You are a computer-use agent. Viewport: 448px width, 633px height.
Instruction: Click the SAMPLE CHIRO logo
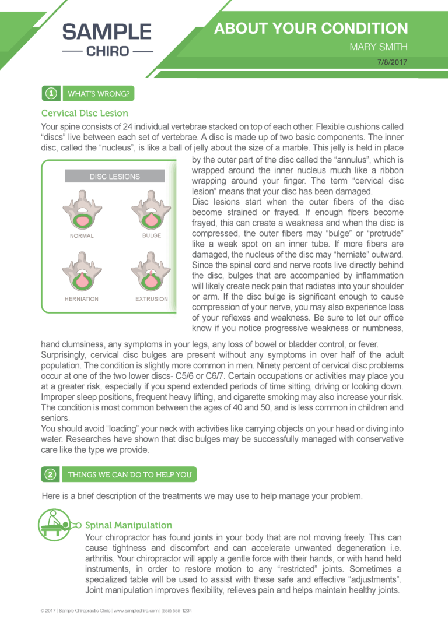coord(107,39)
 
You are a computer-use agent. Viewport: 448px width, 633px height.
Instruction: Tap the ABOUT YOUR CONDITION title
coord(311,29)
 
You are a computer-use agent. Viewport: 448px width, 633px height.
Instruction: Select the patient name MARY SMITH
coord(379,47)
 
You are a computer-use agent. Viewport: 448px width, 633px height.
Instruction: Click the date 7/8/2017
coord(393,62)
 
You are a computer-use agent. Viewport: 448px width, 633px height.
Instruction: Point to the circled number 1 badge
coord(51,93)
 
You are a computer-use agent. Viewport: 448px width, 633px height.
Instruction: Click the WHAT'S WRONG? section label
coord(99,93)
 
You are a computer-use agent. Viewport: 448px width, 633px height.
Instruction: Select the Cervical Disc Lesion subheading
coord(85,113)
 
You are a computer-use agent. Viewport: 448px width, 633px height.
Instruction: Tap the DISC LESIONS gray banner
coord(114,176)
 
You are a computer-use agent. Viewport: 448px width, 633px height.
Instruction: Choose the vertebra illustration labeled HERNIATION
coord(82,273)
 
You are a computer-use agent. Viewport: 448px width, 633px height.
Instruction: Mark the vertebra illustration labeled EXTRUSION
coord(151,273)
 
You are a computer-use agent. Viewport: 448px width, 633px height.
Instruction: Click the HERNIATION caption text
coord(82,299)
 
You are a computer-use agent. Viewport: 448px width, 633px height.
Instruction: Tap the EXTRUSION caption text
coord(151,299)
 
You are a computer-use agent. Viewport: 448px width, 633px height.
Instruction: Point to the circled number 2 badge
coord(51,474)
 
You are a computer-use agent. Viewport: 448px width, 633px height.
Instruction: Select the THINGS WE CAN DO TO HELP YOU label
coord(129,474)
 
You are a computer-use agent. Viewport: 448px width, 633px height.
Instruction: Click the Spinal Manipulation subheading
coord(128,525)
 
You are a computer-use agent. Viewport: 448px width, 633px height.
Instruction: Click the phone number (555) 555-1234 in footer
coord(177,611)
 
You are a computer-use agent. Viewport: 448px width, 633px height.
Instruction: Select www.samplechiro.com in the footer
coord(135,611)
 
